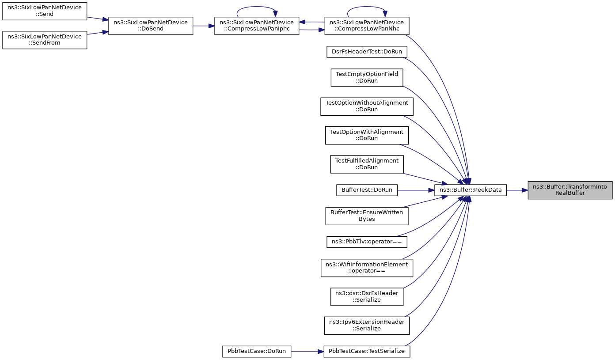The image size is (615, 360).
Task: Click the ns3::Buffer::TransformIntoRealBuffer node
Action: (570, 190)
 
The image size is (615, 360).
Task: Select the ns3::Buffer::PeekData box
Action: (471, 190)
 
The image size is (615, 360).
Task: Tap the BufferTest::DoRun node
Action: (367, 190)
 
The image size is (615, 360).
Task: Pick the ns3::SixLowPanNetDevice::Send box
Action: (45, 11)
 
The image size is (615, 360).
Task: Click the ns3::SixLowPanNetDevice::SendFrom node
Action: (45, 40)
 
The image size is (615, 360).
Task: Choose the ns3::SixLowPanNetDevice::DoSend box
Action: (151, 26)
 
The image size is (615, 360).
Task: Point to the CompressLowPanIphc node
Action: (257, 26)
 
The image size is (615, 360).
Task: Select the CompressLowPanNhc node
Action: (367, 26)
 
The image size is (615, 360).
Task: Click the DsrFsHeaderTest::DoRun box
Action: (367, 52)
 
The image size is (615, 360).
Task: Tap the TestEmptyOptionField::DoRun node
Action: (367, 78)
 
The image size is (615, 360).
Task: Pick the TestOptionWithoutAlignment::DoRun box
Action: (367, 106)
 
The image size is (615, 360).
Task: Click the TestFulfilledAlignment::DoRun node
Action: (367, 164)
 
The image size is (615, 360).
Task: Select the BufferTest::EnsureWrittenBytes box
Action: (367, 216)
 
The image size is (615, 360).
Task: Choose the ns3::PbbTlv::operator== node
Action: (367, 242)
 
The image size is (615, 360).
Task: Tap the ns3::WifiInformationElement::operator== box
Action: (367, 268)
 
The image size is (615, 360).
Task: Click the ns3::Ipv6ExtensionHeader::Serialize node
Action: (367, 326)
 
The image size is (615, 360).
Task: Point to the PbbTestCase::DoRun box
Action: (257, 352)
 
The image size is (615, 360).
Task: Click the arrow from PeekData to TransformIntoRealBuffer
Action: (517, 190)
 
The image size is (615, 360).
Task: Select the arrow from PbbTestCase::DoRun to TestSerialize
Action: (307, 352)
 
